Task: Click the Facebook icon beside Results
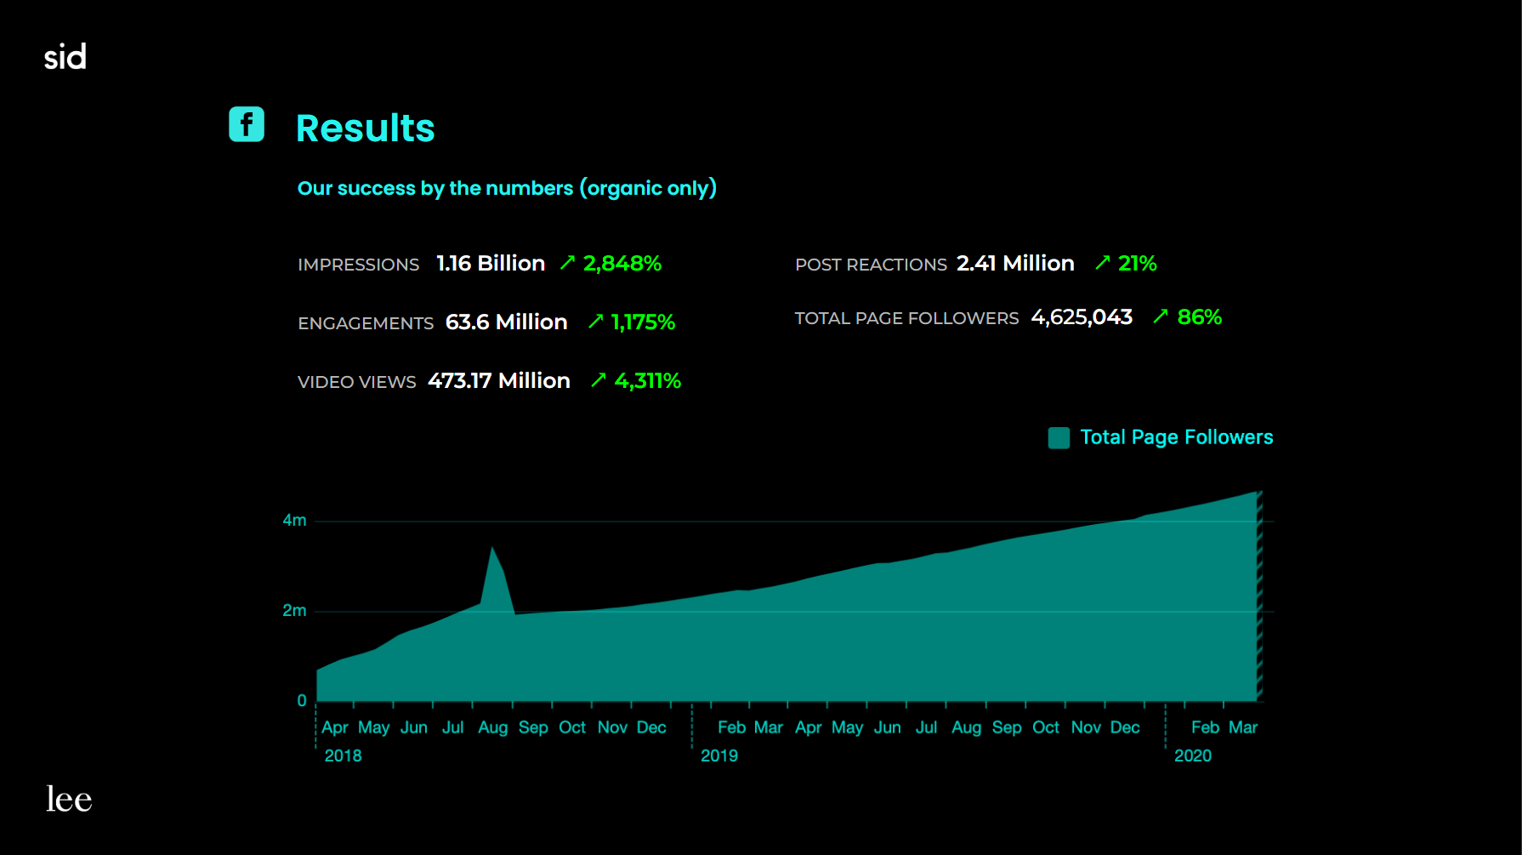click(x=247, y=124)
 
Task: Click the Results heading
click(x=365, y=128)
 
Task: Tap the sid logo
click(x=65, y=57)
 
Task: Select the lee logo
click(x=69, y=799)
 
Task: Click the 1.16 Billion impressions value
click(x=491, y=264)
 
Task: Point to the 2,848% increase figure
click(x=622, y=264)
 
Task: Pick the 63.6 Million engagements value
click(x=506, y=322)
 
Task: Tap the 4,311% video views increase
click(x=647, y=381)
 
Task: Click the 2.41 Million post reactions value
click(x=1015, y=264)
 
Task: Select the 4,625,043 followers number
click(x=1082, y=317)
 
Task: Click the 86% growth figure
click(x=1199, y=317)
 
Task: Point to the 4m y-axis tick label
click(x=294, y=520)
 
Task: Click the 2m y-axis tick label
click(x=294, y=611)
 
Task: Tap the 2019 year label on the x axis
click(x=719, y=755)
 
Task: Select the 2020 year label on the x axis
click(x=1193, y=755)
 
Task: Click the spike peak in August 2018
click(x=492, y=549)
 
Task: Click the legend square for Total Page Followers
click(x=1059, y=438)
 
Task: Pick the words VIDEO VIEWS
click(x=357, y=382)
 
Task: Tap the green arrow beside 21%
click(x=1103, y=263)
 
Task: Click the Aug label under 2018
click(x=492, y=727)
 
